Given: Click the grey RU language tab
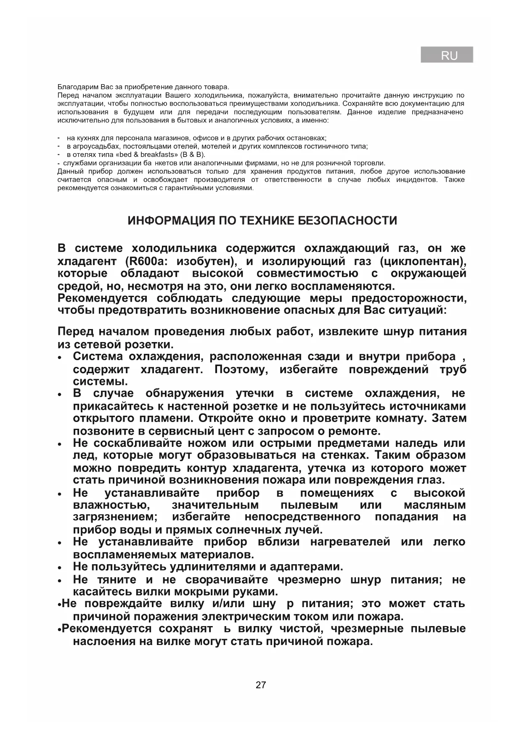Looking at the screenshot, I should [447, 55].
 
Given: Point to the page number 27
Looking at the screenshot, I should [260, 685].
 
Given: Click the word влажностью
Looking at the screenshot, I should [111, 505].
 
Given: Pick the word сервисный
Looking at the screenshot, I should [197, 431].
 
